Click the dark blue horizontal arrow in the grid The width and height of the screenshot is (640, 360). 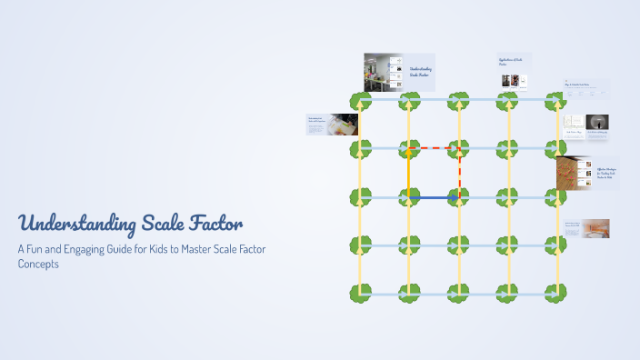pyautogui.click(x=434, y=197)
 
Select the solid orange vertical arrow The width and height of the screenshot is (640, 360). pyautogui.click(x=409, y=172)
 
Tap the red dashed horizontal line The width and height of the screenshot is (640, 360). pyautogui.click(x=434, y=147)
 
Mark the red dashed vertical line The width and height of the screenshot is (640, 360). pyautogui.click(x=458, y=172)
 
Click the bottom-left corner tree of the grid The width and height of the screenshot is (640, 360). pyautogui.click(x=360, y=294)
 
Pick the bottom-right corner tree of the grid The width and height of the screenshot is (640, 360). pyautogui.click(x=555, y=294)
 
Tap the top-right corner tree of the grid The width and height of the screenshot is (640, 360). pyautogui.click(x=555, y=100)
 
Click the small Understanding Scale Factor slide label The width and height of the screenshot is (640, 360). pyautogui.click(x=422, y=71)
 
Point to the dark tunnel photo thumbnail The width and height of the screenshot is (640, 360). pyautogui.click(x=597, y=122)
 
